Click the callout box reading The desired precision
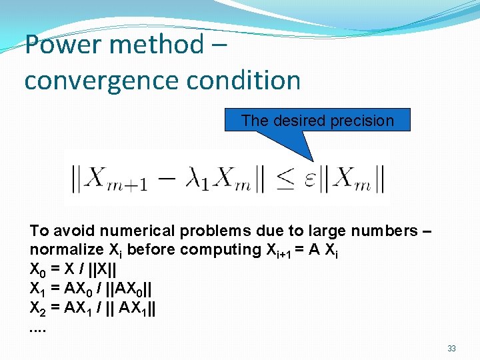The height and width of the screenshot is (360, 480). (x=317, y=121)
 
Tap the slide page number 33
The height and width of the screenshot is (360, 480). (x=451, y=348)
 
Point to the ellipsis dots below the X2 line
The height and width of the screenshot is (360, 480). (x=39, y=330)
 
